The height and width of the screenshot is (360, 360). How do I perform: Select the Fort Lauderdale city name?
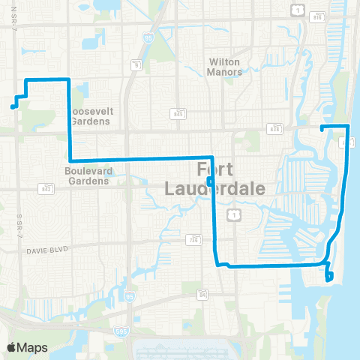coord(231,179)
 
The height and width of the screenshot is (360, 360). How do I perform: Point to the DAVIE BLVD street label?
coord(47,250)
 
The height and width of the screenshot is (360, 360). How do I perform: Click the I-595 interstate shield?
coord(121,330)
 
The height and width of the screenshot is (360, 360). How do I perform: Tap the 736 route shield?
coord(194,241)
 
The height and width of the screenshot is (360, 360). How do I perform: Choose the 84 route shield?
coord(202,292)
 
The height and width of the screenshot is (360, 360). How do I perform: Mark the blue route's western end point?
coord(13,107)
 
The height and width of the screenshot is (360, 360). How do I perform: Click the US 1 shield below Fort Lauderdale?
coord(235,215)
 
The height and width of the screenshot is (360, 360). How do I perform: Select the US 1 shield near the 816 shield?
coord(298,9)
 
